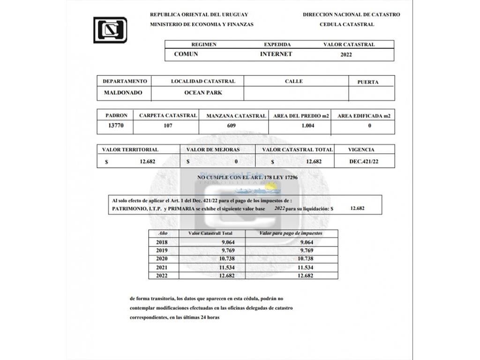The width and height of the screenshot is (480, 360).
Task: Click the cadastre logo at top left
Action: [110, 30]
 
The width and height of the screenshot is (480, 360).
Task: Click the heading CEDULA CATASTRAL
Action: [346, 24]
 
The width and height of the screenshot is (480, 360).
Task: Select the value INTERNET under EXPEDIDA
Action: [276, 54]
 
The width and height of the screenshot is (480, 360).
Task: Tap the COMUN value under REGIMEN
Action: [186, 54]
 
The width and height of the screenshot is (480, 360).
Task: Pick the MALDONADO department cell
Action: [123, 93]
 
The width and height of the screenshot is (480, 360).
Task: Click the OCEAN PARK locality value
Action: [203, 93]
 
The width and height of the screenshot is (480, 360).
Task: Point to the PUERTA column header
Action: [368, 82]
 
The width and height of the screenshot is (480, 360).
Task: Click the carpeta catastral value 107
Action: [168, 126]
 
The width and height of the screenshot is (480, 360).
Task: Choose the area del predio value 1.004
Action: [307, 126]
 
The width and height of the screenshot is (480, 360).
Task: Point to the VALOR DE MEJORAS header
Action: [213, 150]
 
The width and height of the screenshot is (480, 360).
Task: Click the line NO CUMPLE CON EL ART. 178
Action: [247, 178]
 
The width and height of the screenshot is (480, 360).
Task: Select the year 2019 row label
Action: [161, 250]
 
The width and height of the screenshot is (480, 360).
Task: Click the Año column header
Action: [161, 233]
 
